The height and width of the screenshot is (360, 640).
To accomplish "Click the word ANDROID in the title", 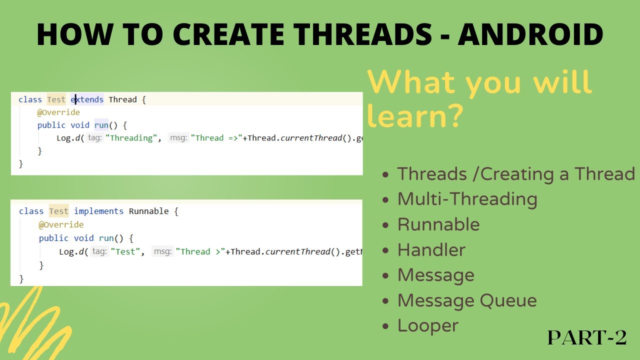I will (x=530, y=34).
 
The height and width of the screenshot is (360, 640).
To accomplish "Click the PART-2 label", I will (x=587, y=337).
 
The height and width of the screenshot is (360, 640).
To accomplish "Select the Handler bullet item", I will (x=431, y=249).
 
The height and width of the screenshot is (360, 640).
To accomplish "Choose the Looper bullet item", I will (x=427, y=325).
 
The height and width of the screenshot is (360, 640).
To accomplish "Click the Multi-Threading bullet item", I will (x=467, y=198).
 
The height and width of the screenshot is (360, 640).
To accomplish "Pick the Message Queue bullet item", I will (x=466, y=300).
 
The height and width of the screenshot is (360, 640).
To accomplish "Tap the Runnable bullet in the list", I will (x=438, y=224).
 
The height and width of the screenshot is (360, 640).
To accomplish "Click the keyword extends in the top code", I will (x=87, y=99).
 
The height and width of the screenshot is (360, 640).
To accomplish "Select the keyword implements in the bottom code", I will (x=98, y=211).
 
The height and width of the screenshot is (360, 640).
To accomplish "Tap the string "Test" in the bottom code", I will (x=125, y=251).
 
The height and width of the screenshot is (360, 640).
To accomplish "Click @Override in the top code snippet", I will (x=58, y=112).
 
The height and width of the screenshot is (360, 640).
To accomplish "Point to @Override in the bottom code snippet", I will (x=61, y=224).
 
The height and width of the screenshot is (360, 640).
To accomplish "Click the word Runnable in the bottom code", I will (x=148, y=211).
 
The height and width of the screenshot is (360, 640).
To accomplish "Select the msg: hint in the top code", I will (x=178, y=138).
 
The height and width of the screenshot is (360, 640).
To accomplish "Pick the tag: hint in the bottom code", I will (x=99, y=251).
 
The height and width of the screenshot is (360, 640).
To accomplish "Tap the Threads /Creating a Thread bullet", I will (x=515, y=173).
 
